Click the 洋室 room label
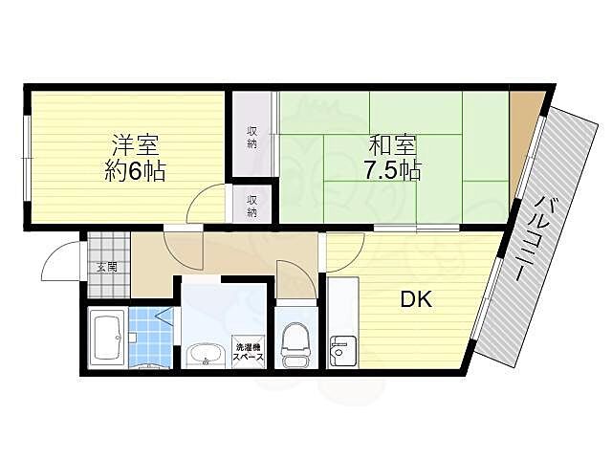[x=135, y=148]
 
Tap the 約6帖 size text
[x=135, y=173]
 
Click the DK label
[x=417, y=299]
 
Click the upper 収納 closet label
[x=251, y=136]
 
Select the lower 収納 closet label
[x=251, y=207]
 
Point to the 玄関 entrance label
[x=105, y=267]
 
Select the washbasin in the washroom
[x=203, y=356]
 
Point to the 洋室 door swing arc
[x=203, y=203]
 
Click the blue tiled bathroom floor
[x=147, y=335]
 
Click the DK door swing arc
[x=342, y=251]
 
